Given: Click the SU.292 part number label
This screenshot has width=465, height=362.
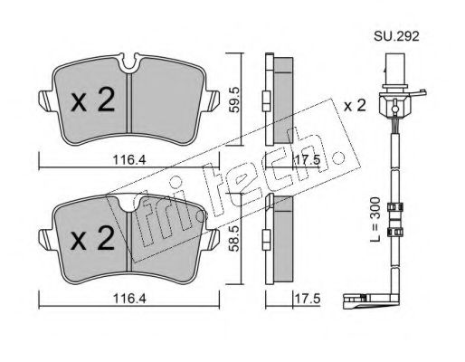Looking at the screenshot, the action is (396, 36).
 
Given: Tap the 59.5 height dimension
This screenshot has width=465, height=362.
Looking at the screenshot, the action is (234, 100).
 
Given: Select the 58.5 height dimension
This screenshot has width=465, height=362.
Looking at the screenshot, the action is (233, 238).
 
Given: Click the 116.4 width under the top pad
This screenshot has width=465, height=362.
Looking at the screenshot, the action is (129, 160).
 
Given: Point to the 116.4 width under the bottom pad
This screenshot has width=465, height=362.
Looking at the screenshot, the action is (129, 299).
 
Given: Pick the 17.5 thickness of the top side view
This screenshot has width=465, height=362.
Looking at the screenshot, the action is (307, 160).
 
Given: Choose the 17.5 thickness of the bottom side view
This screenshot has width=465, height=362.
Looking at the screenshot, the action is (307, 299).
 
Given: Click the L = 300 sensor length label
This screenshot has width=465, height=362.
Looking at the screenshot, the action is (375, 219).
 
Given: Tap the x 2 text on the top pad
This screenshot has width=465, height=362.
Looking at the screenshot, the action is (92, 100).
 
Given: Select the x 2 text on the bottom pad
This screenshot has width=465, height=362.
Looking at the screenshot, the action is (92, 238).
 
